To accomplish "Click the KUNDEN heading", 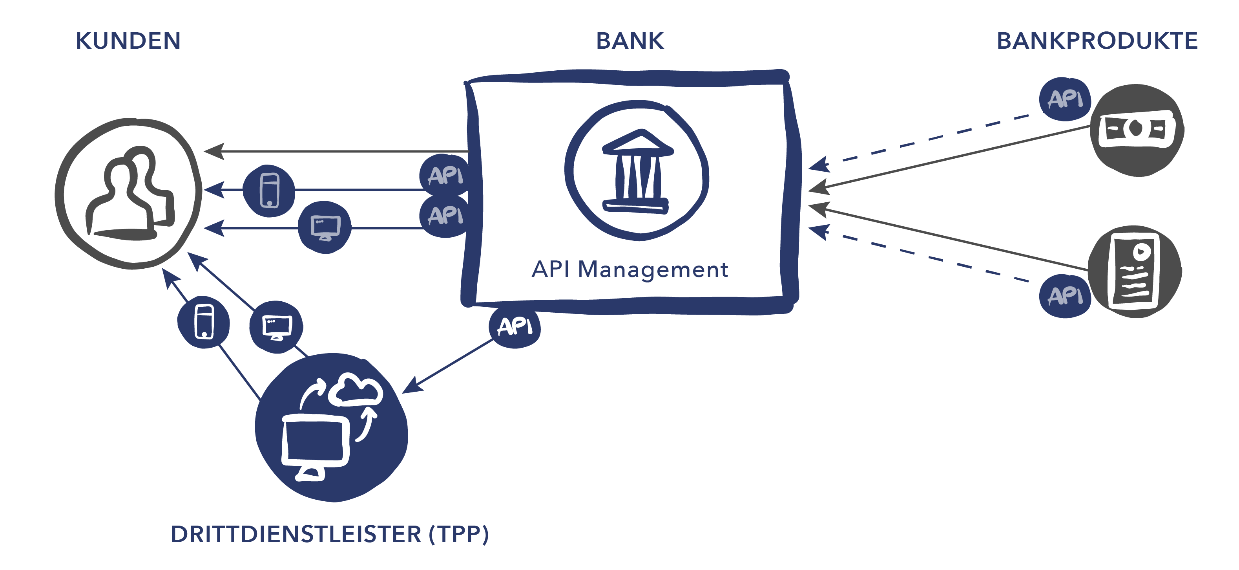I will point(128,41).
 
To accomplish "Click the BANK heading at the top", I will point(630,41).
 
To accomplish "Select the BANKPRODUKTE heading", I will point(1097,41).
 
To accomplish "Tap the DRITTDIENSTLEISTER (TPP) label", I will point(330,534).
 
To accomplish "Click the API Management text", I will point(630,269).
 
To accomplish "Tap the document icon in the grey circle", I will point(1135,271).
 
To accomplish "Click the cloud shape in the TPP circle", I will point(356,390).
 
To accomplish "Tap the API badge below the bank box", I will point(515,327).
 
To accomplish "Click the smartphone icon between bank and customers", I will point(269,191).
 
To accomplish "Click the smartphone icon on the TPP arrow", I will point(204,322).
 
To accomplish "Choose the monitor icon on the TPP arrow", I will point(277,327).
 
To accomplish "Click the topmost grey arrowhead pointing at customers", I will point(213,151).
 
